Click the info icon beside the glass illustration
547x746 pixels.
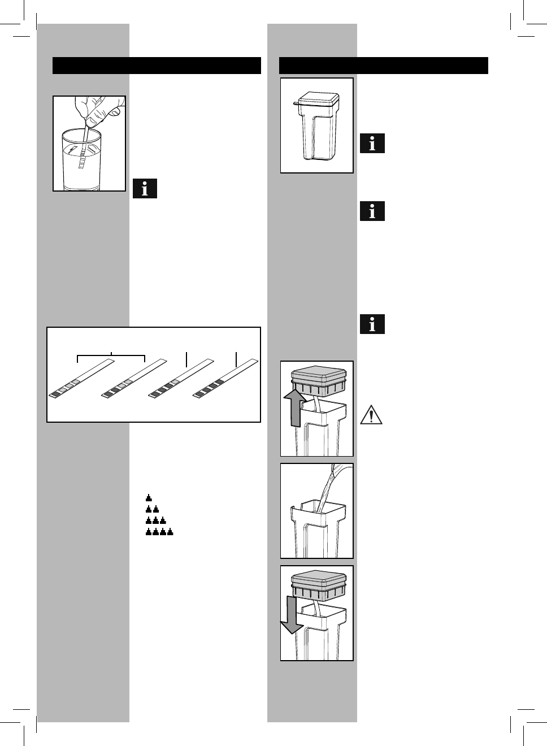pyautogui.click(x=145, y=189)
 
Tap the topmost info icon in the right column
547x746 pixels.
pyautogui.click(x=372, y=144)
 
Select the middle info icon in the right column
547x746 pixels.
pyautogui.click(x=372, y=211)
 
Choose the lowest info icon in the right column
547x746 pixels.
pyautogui.click(x=372, y=324)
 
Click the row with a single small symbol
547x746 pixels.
pyautogui.click(x=149, y=498)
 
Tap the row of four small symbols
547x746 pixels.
pyautogui.click(x=159, y=532)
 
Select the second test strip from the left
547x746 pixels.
pyautogui.click(x=133, y=379)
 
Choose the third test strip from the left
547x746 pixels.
pyautogui.click(x=180, y=380)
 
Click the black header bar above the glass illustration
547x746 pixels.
pyautogui.click(x=157, y=66)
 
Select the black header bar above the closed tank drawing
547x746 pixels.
pyautogui.click(x=384, y=66)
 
